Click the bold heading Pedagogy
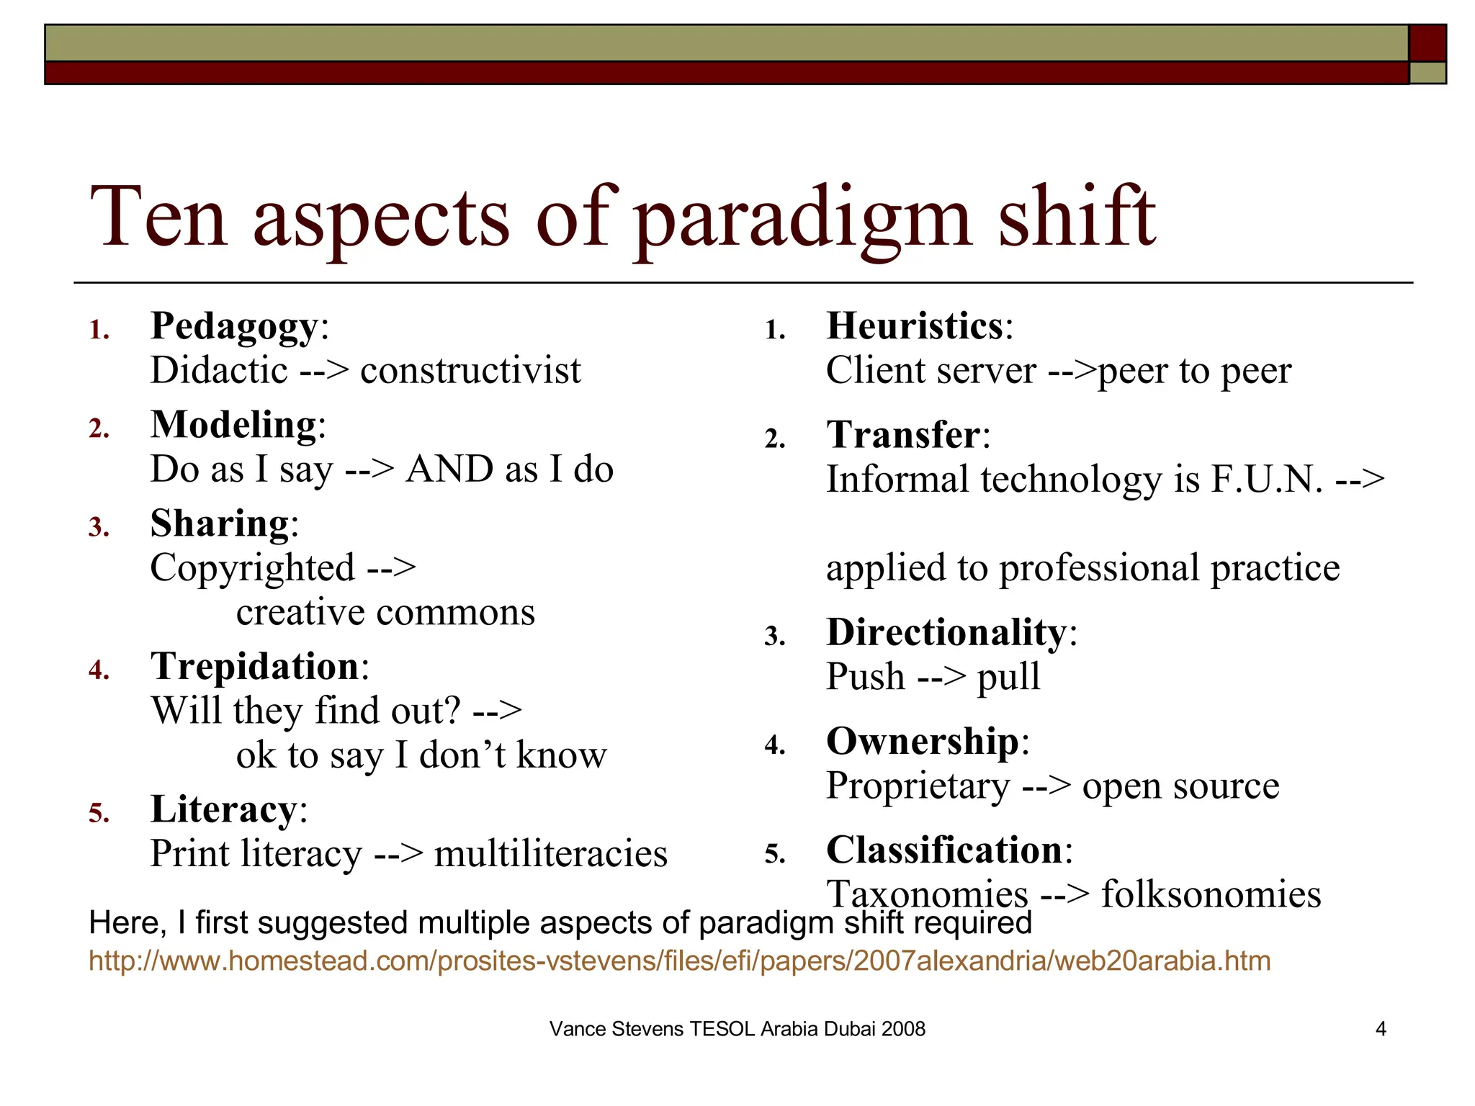(233, 327)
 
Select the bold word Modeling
(233, 425)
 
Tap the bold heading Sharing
(220, 523)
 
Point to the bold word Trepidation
(255, 666)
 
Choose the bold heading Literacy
(223, 809)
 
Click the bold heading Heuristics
(915, 326)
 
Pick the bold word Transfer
(903, 435)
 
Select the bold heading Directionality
(946, 632)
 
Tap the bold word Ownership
(923, 741)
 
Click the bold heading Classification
(944, 850)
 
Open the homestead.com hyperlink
(679, 961)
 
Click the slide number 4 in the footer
(1381, 1029)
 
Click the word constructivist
(470, 371)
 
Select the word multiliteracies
(550, 854)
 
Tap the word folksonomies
(1211, 895)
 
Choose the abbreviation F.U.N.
(1267, 480)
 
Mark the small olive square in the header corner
(1427, 73)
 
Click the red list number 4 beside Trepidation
(98, 670)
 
